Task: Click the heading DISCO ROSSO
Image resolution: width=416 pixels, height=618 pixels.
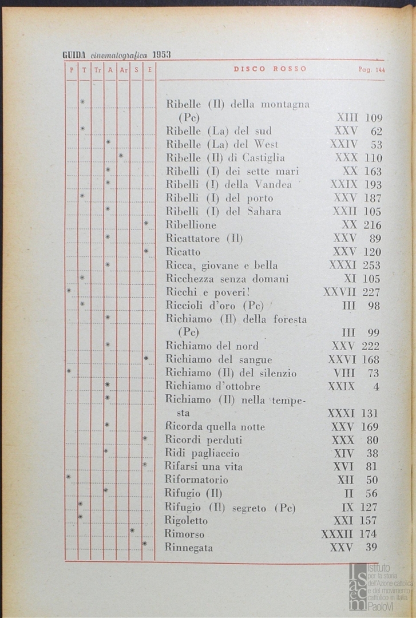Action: [x=270, y=69]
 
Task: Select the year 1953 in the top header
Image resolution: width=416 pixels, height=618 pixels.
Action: [x=161, y=55]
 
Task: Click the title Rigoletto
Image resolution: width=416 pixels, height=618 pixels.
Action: [x=186, y=521]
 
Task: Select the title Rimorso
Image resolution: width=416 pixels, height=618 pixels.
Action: [x=184, y=534]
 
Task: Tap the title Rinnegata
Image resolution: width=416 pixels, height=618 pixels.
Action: [x=188, y=548]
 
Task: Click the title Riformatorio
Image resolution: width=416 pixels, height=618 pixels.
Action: [x=196, y=480]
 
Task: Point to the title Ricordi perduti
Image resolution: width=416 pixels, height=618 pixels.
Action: [x=203, y=440]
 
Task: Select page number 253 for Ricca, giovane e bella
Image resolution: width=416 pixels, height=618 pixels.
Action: [x=371, y=266]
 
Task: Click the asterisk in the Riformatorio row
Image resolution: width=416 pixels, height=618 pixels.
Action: [x=68, y=477]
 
